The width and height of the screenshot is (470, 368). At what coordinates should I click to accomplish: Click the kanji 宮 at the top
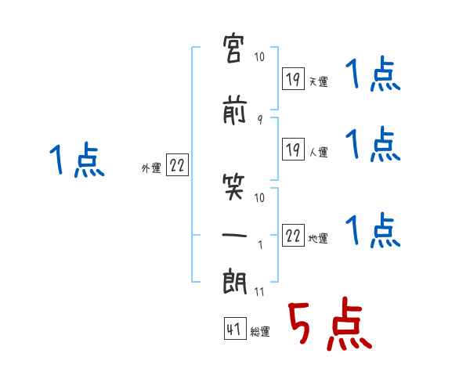pyautogui.click(x=233, y=49)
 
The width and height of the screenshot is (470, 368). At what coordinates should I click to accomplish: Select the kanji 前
pyautogui.click(x=234, y=110)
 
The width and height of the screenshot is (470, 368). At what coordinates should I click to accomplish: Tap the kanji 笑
pyautogui.click(x=233, y=187)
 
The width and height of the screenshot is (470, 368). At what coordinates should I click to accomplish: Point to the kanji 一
pyautogui.click(x=234, y=235)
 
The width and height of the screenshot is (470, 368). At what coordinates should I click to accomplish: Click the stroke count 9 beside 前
pyautogui.click(x=260, y=120)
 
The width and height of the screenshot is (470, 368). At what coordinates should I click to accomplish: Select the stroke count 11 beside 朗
pyautogui.click(x=259, y=291)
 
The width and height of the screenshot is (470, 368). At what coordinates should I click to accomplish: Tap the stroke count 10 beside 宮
pyautogui.click(x=259, y=56)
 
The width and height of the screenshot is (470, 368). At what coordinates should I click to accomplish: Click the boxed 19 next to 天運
pyautogui.click(x=293, y=79)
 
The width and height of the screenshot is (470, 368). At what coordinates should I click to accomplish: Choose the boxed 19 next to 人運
pyautogui.click(x=293, y=149)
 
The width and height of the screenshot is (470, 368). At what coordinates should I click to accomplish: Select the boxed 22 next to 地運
pyautogui.click(x=293, y=235)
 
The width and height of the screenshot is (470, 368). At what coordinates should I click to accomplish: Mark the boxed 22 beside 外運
pyautogui.click(x=177, y=164)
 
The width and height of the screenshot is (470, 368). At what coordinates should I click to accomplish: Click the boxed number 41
pyautogui.click(x=235, y=328)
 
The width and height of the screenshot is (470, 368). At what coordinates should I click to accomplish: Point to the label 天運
pyautogui.click(x=319, y=81)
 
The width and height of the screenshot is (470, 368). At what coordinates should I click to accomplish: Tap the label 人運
pyautogui.click(x=319, y=152)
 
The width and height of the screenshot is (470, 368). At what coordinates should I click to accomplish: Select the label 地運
pyautogui.click(x=318, y=238)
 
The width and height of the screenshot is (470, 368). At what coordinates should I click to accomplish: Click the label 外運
pyautogui.click(x=151, y=168)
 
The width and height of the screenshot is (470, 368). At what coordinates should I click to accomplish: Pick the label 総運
pyautogui.click(x=260, y=331)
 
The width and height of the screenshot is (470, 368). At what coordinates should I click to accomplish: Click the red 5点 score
pyautogui.click(x=330, y=323)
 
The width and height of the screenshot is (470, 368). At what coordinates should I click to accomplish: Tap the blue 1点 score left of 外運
pyautogui.click(x=77, y=160)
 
